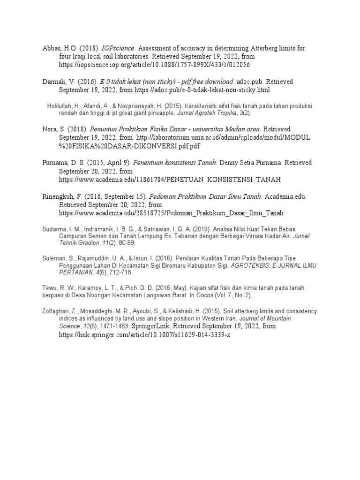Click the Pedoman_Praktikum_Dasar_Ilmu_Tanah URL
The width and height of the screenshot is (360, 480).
[x=171, y=213]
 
